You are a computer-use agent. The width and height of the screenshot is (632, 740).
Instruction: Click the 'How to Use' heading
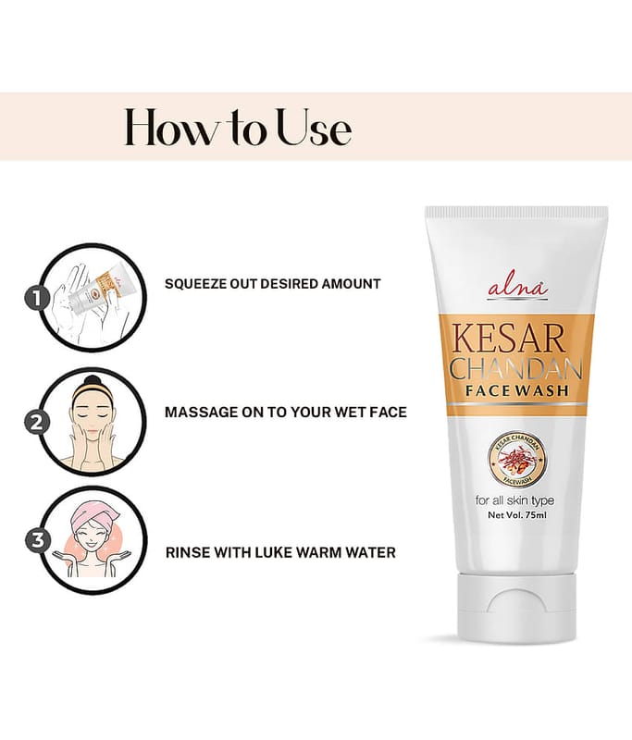coord(238,128)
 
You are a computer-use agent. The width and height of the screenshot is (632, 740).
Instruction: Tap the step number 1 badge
coord(37,298)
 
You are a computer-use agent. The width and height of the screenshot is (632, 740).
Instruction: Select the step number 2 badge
coord(37,422)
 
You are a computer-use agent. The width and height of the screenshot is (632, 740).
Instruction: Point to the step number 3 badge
coord(37,540)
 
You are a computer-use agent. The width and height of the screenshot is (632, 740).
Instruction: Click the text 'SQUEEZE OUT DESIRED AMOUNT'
coord(272,284)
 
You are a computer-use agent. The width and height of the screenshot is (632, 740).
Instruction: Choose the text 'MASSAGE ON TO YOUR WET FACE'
coord(286,412)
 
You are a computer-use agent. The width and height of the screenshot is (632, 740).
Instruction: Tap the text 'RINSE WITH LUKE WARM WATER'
coord(280,552)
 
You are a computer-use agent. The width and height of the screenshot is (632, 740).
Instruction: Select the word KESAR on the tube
coord(508,338)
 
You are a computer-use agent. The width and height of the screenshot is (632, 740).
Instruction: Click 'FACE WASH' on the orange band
coord(517,390)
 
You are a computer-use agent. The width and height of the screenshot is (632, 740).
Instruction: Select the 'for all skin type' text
coord(514,500)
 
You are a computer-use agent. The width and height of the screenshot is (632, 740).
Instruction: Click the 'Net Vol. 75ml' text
coord(517,515)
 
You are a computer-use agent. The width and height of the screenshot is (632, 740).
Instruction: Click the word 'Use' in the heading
coord(314,128)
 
